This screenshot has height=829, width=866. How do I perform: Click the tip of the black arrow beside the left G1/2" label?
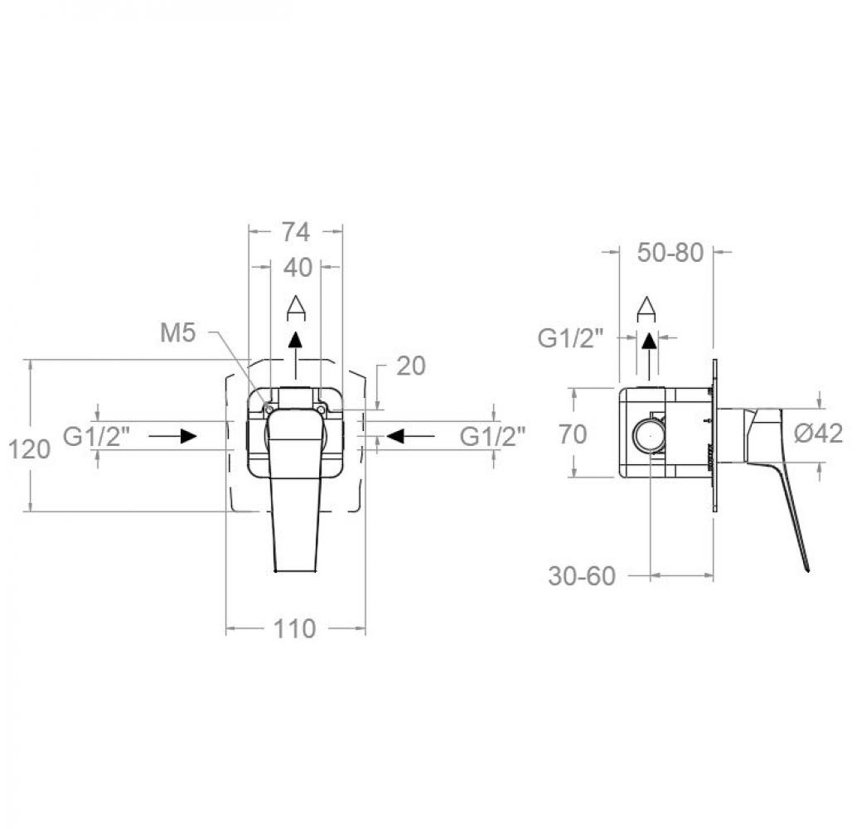[x=196, y=436]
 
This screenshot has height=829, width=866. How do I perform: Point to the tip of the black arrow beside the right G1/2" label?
[x=387, y=436]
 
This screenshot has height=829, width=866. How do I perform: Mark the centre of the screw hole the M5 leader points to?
[x=269, y=409]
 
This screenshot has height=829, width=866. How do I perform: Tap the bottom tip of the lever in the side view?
[x=808, y=571]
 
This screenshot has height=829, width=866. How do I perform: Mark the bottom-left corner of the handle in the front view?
[x=275, y=570]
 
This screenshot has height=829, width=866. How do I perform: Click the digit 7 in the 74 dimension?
[x=289, y=232]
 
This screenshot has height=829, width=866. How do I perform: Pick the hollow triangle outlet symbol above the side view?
[x=646, y=308]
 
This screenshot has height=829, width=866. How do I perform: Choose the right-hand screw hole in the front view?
[x=321, y=409]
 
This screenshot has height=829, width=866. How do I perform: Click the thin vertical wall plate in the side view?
[x=714, y=437]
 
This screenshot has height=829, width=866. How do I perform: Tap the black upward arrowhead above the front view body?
[x=297, y=340]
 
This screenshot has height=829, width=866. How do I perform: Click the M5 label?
[x=178, y=333]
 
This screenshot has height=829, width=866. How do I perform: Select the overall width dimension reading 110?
[x=294, y=628]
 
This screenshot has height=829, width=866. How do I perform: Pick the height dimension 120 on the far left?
[x=29, y=449]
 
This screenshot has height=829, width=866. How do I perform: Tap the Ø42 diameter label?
[x=819, y=433]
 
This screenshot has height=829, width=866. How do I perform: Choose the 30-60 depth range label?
[x=582, y=576]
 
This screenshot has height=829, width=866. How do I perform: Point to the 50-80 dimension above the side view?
[x=670, y=253]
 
